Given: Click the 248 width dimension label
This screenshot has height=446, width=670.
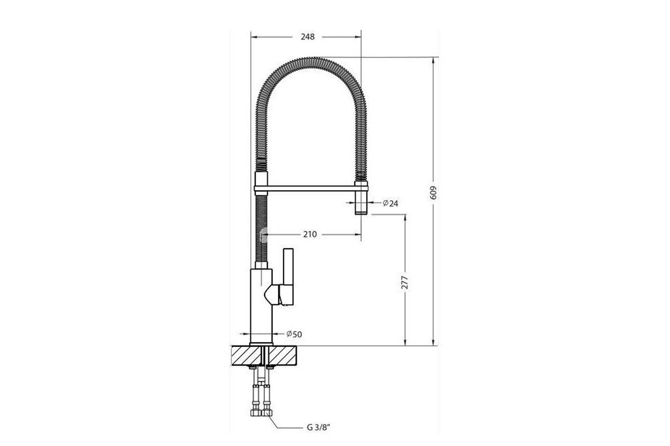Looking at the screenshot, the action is [308, 37].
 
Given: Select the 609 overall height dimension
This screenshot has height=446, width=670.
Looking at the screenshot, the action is [433, 193].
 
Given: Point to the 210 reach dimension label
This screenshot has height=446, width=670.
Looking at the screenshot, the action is [310, 234].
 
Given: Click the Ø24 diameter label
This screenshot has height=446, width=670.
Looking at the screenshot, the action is [391, 203].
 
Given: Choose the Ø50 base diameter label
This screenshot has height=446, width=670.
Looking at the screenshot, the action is [294, 334].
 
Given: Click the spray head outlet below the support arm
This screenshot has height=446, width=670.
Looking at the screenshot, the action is [361, 203].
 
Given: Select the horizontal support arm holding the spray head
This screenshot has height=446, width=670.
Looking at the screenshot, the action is [311, 188].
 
